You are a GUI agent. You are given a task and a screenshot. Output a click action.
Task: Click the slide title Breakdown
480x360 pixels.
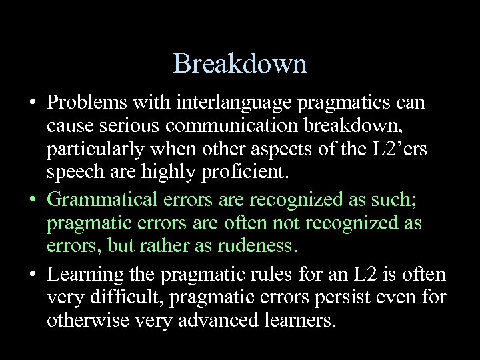click(240, 64)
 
